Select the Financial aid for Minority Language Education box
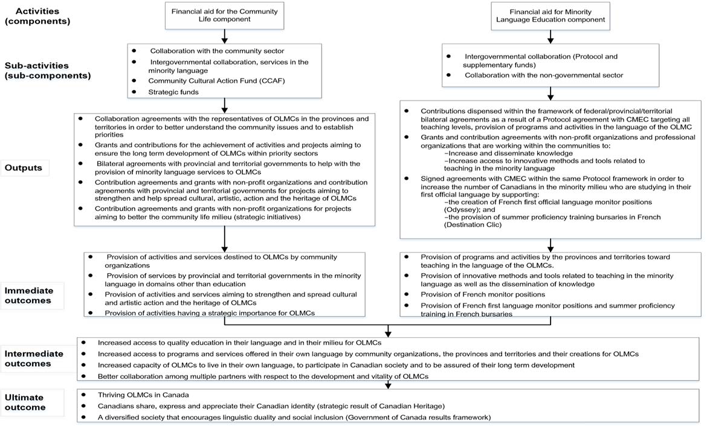(x=549, y=16)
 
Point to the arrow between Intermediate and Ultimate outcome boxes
(x=387, y=385)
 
